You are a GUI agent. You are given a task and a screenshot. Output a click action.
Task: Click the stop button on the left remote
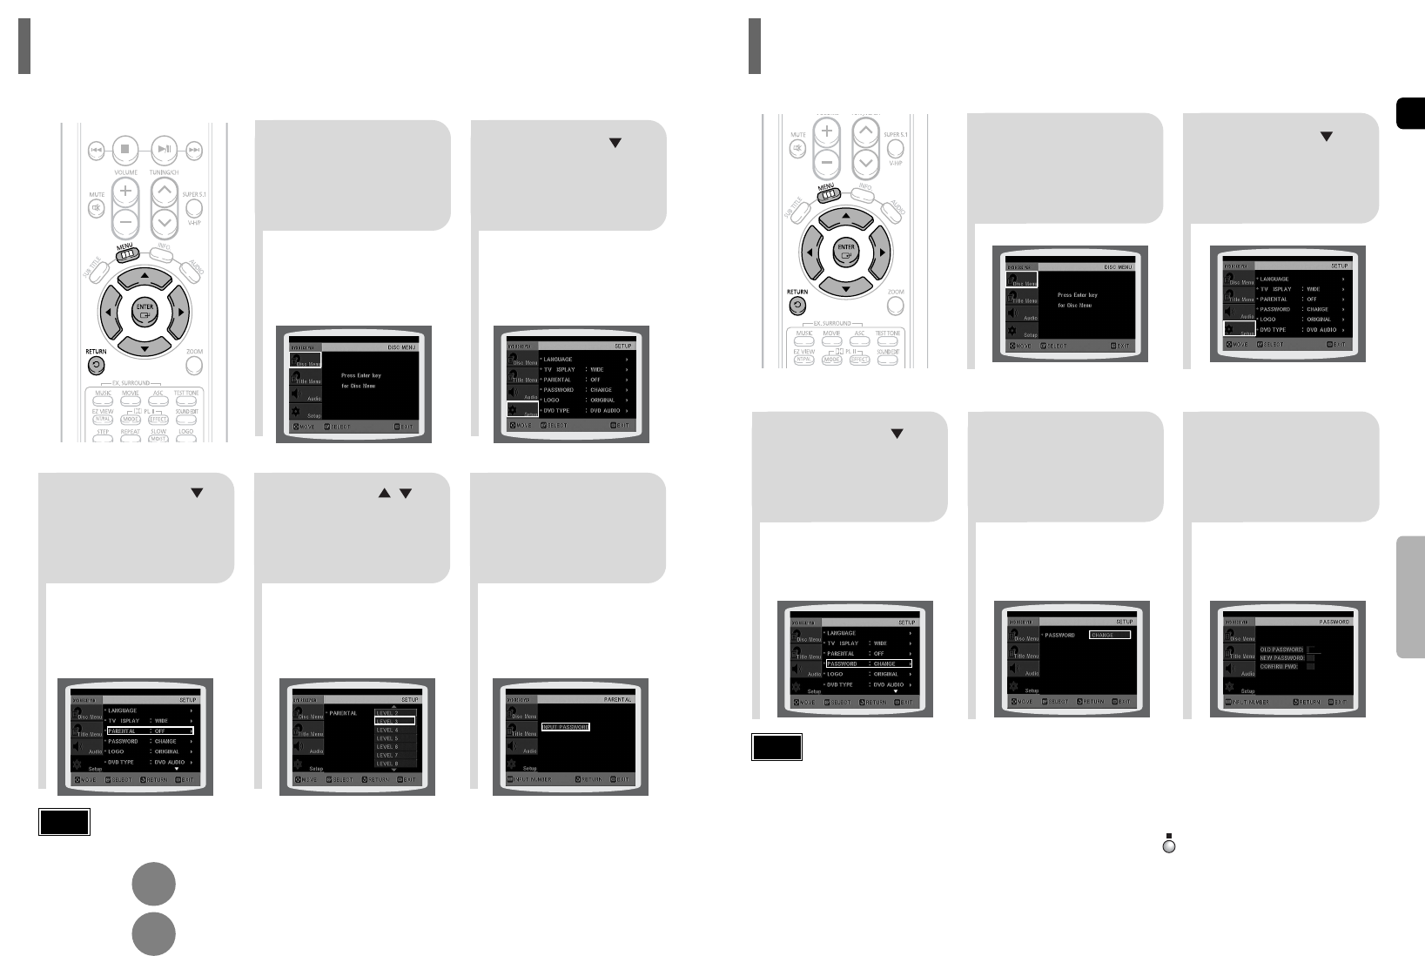click(124, 149)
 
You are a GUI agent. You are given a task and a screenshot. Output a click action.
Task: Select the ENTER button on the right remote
click(845, 252)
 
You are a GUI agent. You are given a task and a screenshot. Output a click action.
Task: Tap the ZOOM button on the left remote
click(194, 365)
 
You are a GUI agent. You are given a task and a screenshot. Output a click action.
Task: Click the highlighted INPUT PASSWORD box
click(565, 726)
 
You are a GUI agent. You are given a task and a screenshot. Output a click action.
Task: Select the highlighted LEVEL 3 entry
click(394, 721)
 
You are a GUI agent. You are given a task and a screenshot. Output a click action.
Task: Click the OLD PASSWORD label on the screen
click(1281, 650)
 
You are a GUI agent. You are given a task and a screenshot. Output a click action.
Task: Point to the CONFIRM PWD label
click(1279, 666)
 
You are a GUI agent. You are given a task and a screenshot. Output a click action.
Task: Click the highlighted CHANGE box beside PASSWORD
click(1110, 635)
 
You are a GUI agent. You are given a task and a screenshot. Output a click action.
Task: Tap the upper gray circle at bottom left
click(154, 885)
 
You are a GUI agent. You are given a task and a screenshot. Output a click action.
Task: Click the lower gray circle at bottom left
click(154, 934)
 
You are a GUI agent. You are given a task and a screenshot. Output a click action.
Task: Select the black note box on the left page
click(64, 823)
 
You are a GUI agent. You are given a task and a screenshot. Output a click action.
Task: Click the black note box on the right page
click(776, 748)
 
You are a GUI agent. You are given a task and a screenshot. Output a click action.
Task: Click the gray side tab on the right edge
click(1410, 597)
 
